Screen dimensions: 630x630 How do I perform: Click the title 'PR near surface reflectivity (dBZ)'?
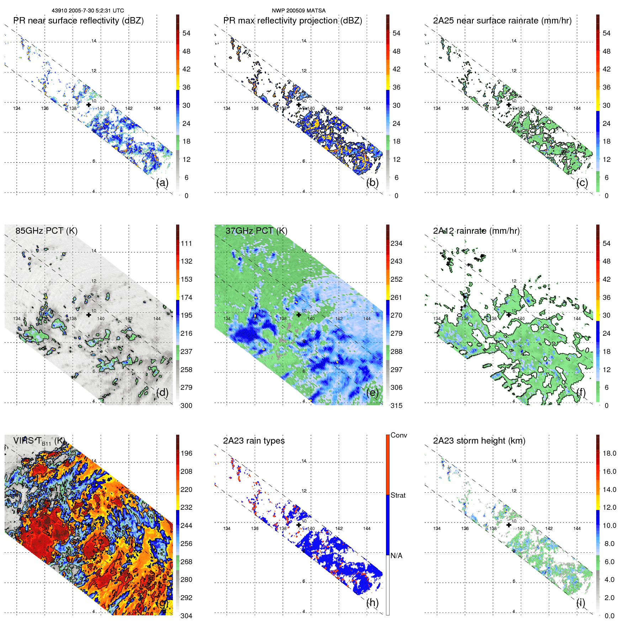point(78,21)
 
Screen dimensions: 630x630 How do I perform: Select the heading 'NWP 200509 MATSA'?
point(298,11)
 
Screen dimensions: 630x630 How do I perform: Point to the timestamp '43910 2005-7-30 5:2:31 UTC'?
point(88,11)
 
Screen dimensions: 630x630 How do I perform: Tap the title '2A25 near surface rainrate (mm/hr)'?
point(502,21)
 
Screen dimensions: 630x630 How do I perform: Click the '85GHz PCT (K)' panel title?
point(46,231)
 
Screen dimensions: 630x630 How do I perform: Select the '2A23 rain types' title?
point(254,441)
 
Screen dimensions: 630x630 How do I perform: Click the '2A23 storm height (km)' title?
point(479,441)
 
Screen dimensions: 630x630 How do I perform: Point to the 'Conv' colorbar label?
point(399,435)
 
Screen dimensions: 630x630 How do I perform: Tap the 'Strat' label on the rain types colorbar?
point(398,495)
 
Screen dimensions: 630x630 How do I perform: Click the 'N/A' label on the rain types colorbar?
point(396,556)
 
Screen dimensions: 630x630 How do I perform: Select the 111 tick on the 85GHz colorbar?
point(186,243)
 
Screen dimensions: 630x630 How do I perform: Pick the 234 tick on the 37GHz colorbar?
point(396,243)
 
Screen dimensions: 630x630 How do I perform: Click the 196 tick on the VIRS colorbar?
point(186,453)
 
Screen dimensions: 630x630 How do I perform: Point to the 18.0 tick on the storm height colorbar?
point(609,453)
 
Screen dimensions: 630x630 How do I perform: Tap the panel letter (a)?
point(162,182)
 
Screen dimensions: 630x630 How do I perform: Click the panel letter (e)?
point(372,392)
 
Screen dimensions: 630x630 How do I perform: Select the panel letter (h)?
point(372,603)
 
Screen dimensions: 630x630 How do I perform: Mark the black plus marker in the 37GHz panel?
point(299,315)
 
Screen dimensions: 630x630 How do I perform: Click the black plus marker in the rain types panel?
point(299,525)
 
